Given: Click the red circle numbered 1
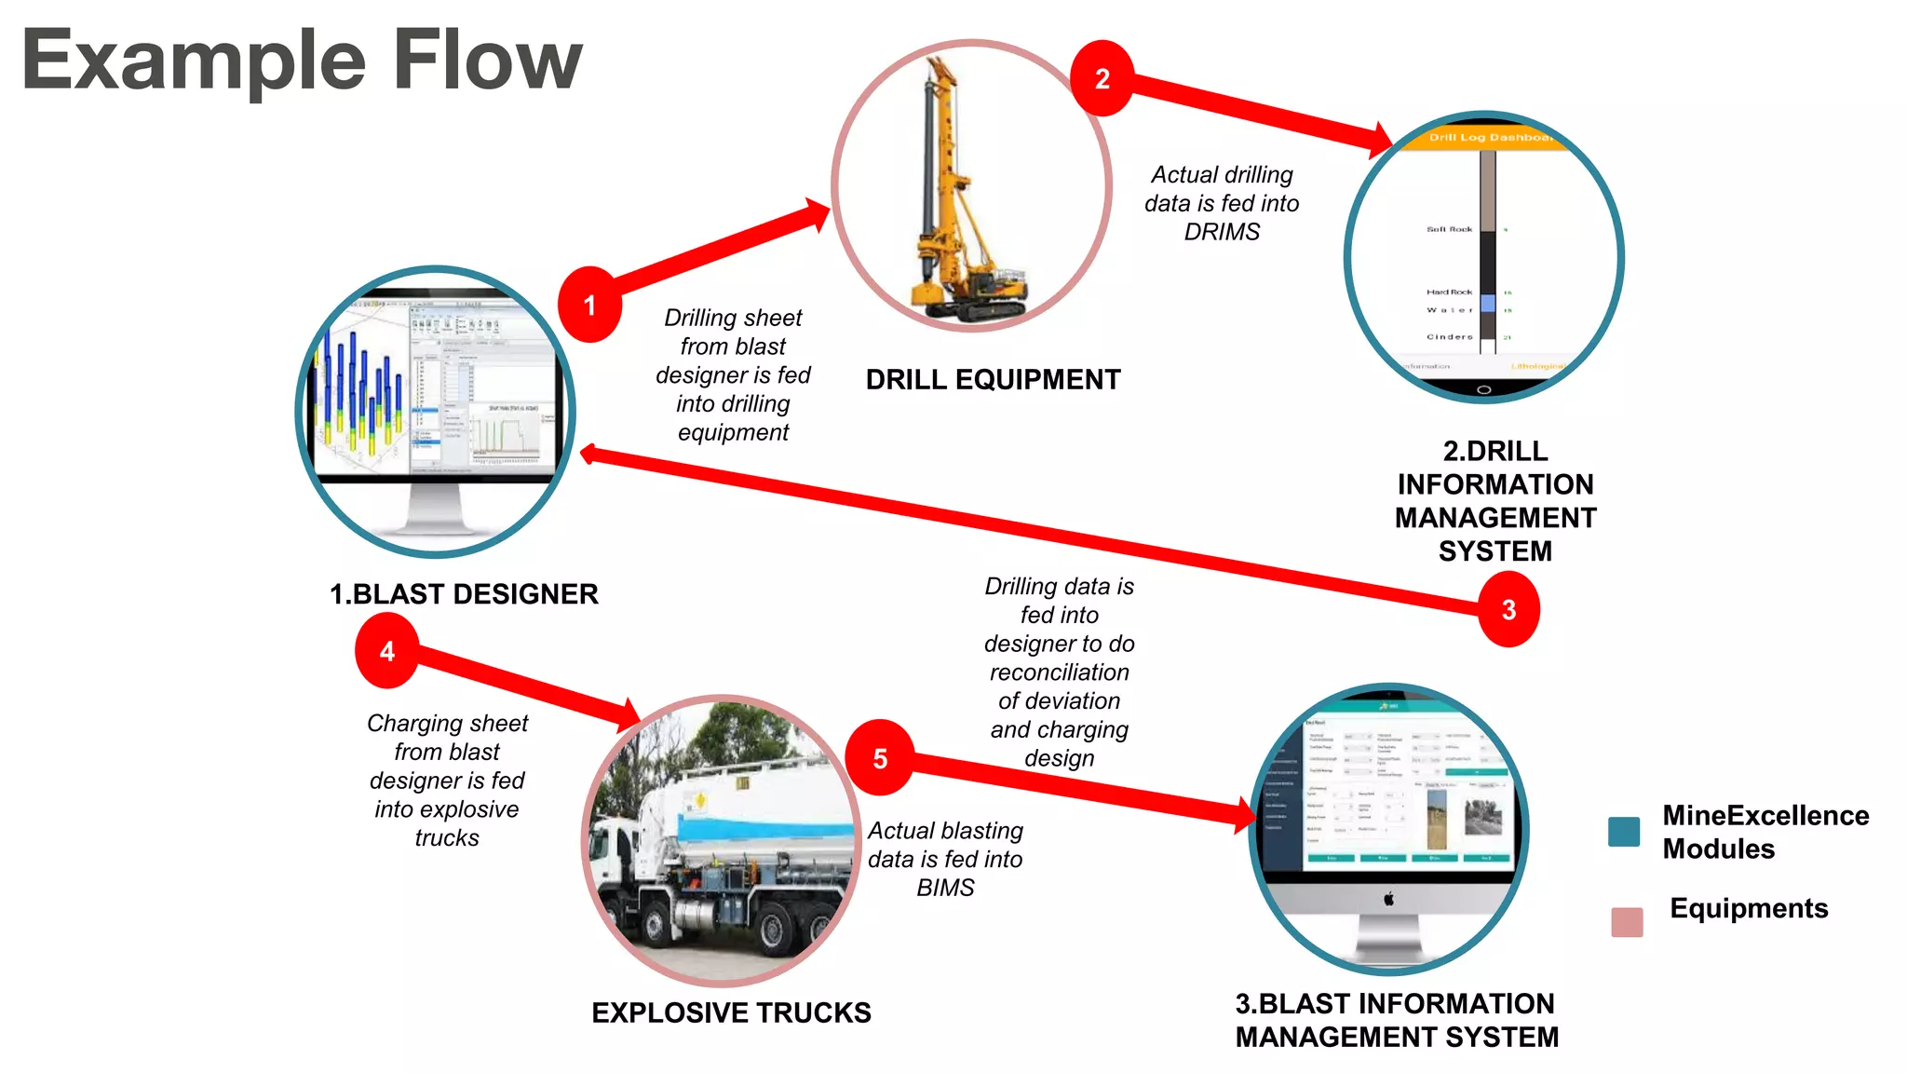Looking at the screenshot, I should (589, 305).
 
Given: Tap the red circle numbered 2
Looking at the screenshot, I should (1102, 78).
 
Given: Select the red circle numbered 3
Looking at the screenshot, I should (1508, 610).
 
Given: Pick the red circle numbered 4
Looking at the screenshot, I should (386, 651).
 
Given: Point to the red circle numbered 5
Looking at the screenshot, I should (879, 758).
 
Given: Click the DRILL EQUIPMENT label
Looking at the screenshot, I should (993, 380).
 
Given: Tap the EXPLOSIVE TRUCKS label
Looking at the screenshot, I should (731, 1012).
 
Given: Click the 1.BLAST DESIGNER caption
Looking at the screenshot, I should (464, 594).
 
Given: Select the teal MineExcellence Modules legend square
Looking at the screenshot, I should (1624, 831).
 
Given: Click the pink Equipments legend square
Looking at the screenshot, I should (1627, 921).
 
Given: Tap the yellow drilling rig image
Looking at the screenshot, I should (950, 196).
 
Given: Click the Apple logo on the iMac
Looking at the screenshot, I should (1388, 899).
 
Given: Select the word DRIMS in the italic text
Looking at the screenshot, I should (1222, 232).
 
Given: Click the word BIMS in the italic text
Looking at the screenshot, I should (945, 888).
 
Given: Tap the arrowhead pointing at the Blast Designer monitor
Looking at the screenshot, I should (588, 455).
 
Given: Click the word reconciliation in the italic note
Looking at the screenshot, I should (1059, 672).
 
